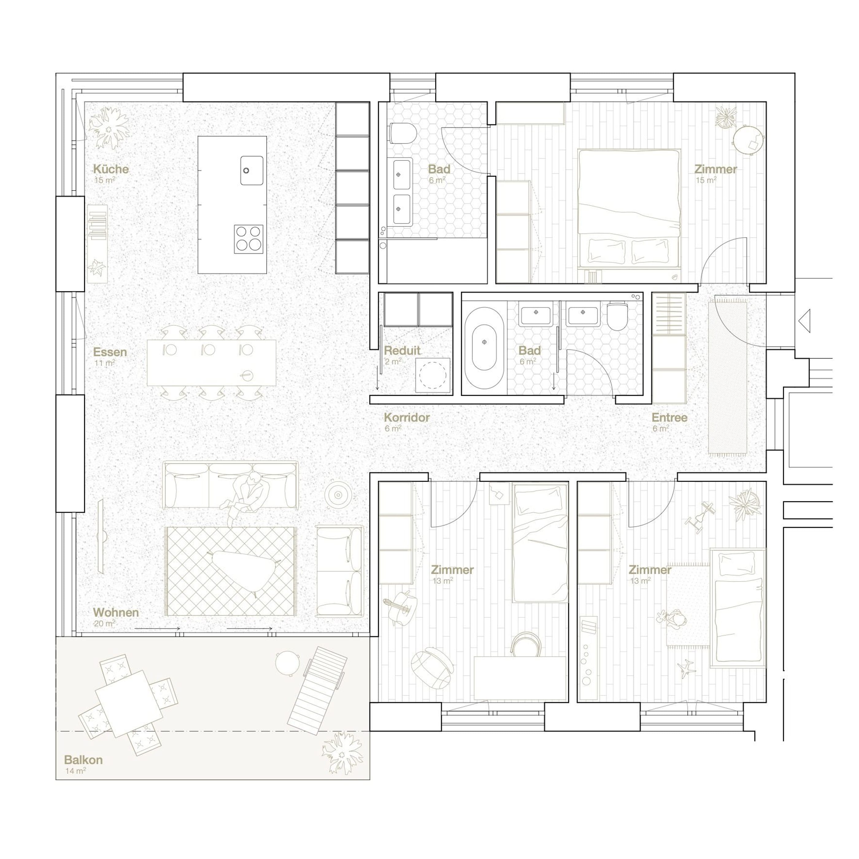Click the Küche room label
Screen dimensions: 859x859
click(111, 169)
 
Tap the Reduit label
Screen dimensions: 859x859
click(402, 350)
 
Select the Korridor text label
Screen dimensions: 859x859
click(407, 418)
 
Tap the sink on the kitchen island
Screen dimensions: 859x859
click(252, 170)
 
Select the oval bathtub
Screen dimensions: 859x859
click(484, 341)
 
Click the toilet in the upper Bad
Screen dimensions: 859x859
click(403, 133)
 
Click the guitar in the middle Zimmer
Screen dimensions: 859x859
click(402, 607)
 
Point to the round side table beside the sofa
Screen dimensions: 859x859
click(338, 495)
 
